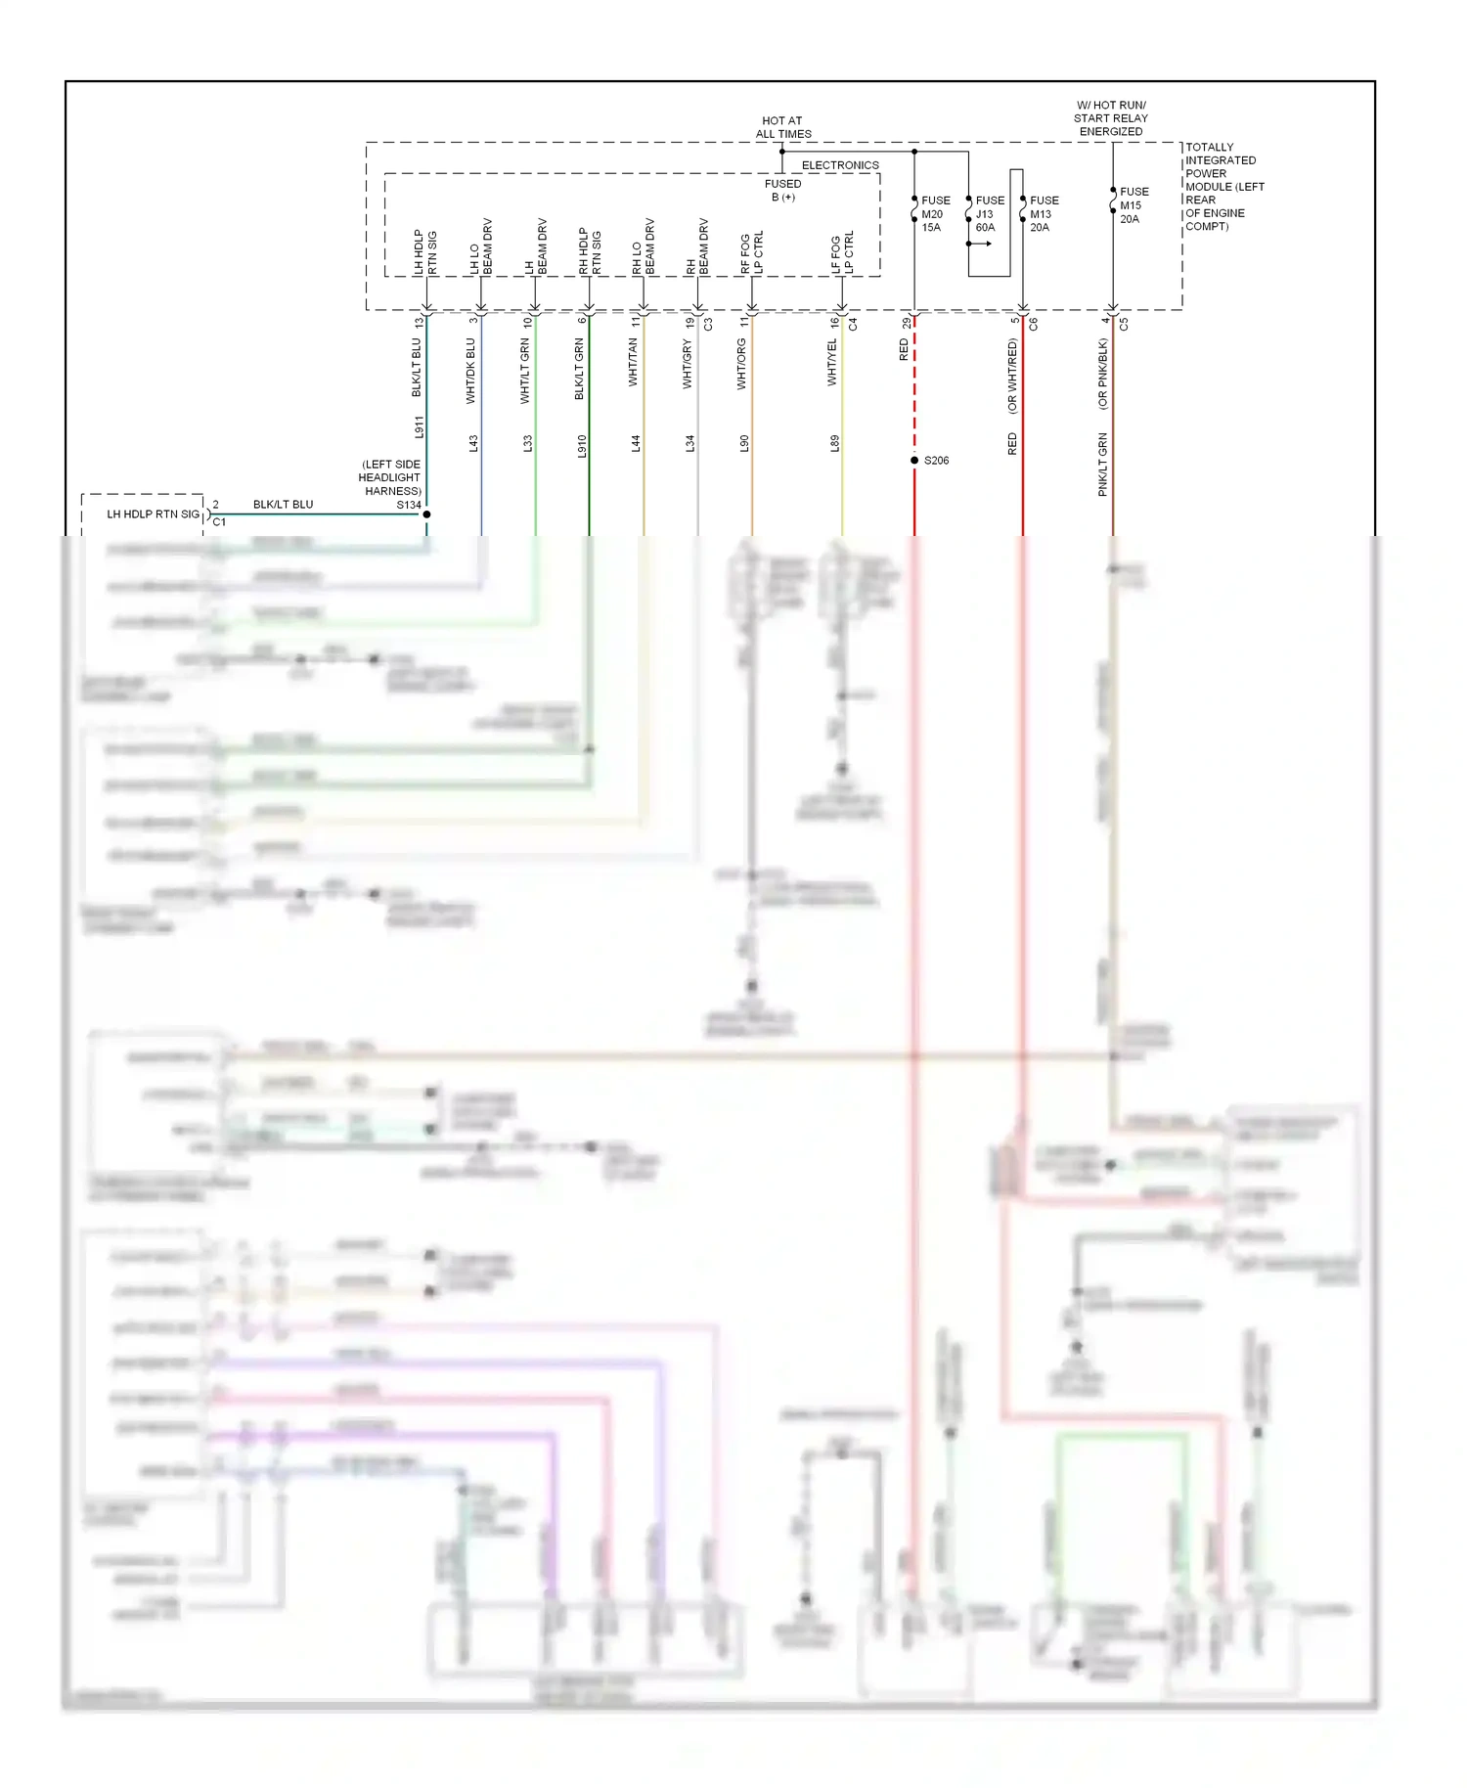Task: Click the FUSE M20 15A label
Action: tap(934, 213)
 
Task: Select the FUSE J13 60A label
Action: tap(988, 213)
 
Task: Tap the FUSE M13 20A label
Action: tap(1043, 213)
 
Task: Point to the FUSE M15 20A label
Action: tap(1133, 205)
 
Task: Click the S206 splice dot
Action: tap(914, 460)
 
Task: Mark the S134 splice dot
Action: tap(426, 514)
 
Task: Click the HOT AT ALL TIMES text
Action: tap(782, 127)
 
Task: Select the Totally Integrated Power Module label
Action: tap(1223, 186)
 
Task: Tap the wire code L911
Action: tap(419, 426)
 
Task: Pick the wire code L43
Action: tap(473, 443)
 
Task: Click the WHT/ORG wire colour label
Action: tap(741, 364)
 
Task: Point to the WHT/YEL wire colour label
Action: tap(832, 362)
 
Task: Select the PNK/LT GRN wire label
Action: tap(1103, 464)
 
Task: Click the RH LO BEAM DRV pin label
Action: tap(644, 246)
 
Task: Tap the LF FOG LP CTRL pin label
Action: tap(842, 252)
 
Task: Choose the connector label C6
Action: tap(1033, 323)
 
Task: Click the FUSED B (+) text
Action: tap(782, 190)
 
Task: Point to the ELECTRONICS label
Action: tap(840, 165)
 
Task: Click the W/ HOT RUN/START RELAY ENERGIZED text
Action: tap(1111, 118)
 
